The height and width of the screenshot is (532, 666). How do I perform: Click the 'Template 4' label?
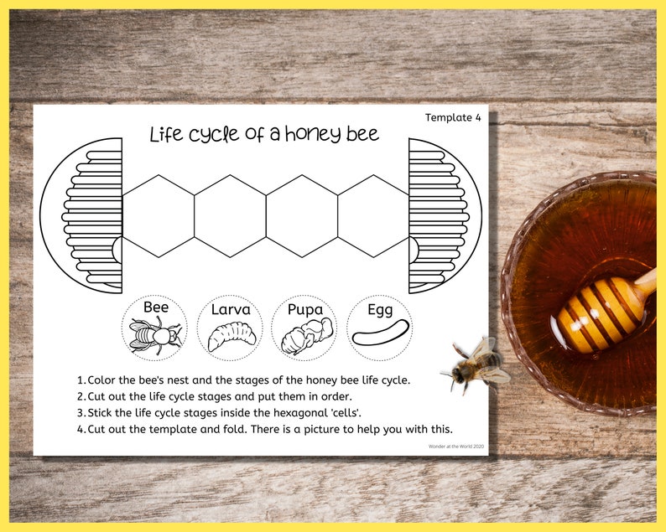click(x=453, y=117)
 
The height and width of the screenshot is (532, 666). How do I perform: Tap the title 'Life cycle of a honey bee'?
click(x=264, y=133)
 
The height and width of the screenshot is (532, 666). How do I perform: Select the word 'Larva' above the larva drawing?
click(x=231, y=309)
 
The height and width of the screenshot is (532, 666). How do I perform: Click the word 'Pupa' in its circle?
click(x=305, y=309)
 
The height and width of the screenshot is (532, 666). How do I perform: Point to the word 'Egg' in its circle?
click(x=380, y=310)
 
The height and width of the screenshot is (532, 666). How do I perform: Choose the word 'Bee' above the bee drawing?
click(x=156, y=307)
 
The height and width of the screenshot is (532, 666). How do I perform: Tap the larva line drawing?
click(x=230, y=337)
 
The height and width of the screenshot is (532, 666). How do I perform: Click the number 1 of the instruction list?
click(x=80, y=380)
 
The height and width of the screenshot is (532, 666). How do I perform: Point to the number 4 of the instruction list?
click(x=80, y=430)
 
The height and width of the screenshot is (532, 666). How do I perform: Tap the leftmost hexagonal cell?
click(x=159, y=215)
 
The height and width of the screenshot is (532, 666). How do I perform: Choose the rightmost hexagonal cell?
click(x=373, y=215)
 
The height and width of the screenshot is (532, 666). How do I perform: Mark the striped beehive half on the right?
click(x=440, y=215)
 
